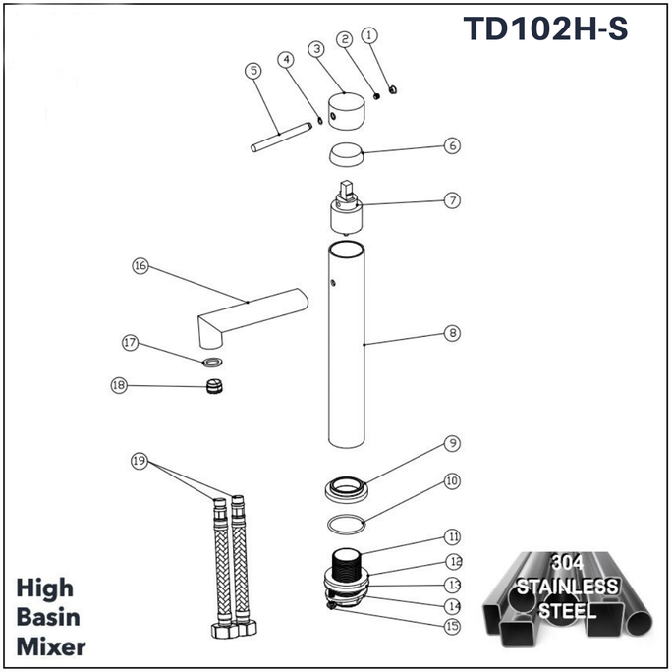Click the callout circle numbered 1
point(370,34)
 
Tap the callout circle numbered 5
point(253,71)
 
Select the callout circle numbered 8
point(452,334)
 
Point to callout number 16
point(140,266)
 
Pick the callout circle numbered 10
point(452,481)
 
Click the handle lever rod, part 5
point(280,136)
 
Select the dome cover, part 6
point(344,155)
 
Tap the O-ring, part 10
point(347,523)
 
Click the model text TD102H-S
point(544,29)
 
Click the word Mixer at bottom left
point(50,647)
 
